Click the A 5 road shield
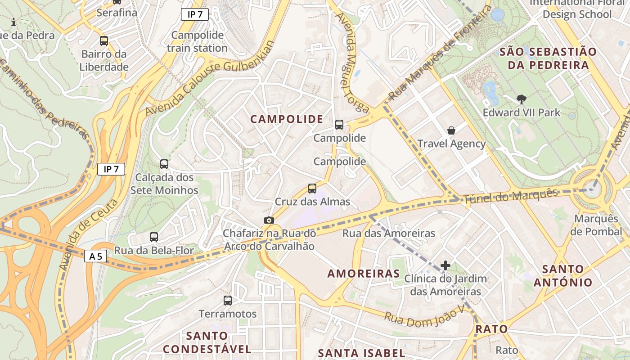tap(95, 256)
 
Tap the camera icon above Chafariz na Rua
tap(269, 220)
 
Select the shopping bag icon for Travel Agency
tap(451, 130)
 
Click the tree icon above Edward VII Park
tap(522, 99)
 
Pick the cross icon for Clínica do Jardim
tap(445, 265)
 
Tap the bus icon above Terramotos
tap(228, 300)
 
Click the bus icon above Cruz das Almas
tap(312, 188)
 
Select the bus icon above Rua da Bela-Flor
tap(154, 237)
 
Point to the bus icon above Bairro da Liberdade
tap(104, 41)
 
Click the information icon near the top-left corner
tap(13, 22)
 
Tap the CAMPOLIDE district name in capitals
tap(287, 119)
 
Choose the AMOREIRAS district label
tap(364, 274)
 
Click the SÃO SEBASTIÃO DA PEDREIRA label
tap(548, 58)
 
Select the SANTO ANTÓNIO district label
tap(563, 276)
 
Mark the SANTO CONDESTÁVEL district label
tap(207, 342)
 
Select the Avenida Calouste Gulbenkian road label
tap(210, 79)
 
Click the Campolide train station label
tap(197, 41)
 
